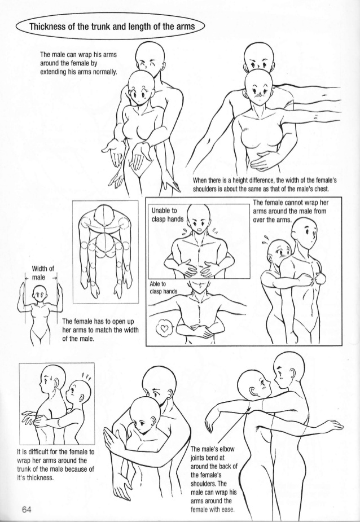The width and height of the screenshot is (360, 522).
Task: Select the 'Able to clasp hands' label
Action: [163, 288]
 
